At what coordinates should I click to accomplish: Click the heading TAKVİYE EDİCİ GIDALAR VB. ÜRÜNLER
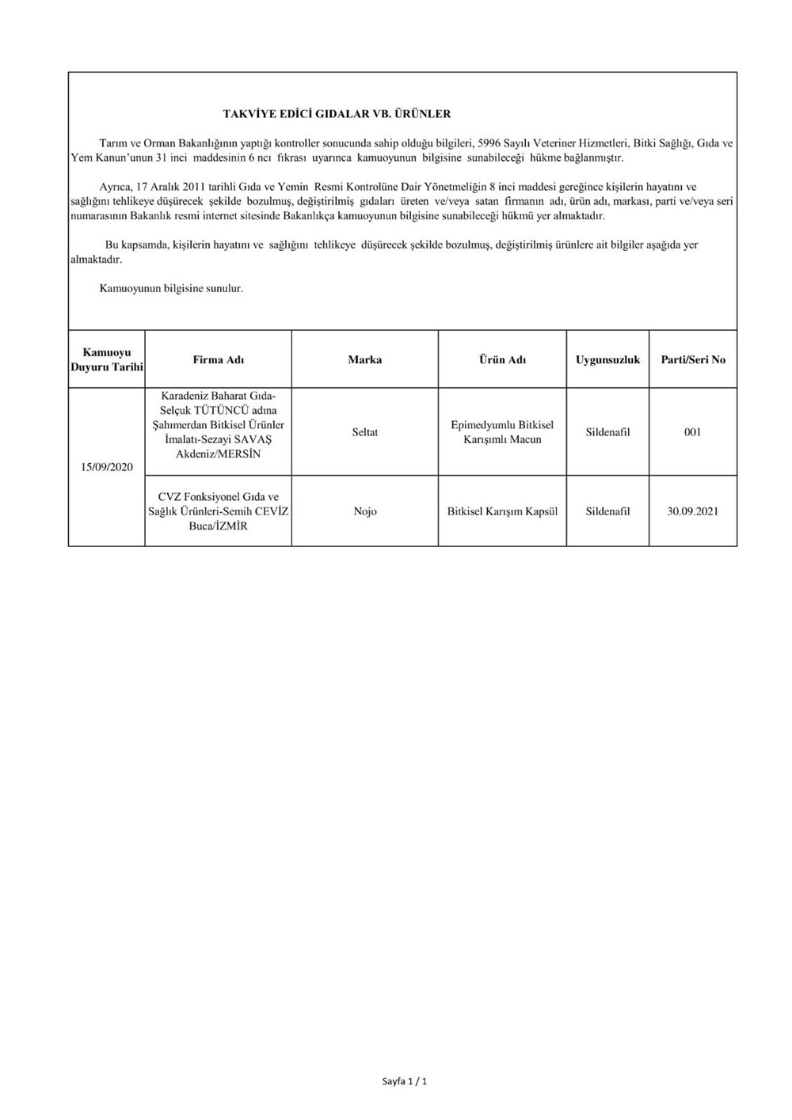point(337,114)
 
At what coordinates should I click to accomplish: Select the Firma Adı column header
point(219,359)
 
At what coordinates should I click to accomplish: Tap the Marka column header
point(365,359)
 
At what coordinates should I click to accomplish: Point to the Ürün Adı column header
point(502,359)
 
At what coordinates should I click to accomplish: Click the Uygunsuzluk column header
point(607,359)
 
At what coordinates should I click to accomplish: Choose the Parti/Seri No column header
point(693,359)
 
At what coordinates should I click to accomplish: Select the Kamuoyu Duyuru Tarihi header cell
point(107,359)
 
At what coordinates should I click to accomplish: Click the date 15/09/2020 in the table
point(107,467)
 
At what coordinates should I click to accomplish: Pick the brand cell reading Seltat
point(365,432)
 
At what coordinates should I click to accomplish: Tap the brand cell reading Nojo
point(365,511)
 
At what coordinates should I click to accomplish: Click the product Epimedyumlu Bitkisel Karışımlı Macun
point(502,432)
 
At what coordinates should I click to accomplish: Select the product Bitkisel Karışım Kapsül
point(502,511)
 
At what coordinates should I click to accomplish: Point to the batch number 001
point(693,432)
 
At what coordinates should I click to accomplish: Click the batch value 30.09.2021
point(693,511)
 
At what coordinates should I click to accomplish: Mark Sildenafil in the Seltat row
point(607,432)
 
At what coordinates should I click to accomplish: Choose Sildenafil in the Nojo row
point(607,511)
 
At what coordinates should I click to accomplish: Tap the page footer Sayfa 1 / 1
point(405,1081)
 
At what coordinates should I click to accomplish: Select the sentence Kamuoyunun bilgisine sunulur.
point(171,289)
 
